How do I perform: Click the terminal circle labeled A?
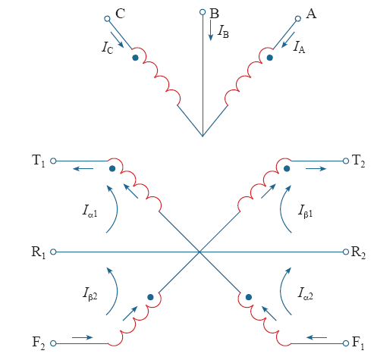[298, 19]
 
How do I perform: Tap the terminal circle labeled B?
[203, 12]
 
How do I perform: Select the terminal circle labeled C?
[107, 19]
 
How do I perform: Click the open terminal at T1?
[53, 161]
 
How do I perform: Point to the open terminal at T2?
[346, 161]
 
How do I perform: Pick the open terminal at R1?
[53, 252]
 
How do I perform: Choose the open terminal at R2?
[346, 252]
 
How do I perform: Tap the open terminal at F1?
[346, 343]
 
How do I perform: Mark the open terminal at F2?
[53, 343]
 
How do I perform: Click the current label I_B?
[223, 32]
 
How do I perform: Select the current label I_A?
[299, 47]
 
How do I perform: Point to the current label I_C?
[108, 47]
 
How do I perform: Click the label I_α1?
[90, 211]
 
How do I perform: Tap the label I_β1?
[305, 211]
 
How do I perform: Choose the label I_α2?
[305, 293]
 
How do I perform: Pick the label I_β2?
[90, 294]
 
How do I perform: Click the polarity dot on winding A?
[270, 58]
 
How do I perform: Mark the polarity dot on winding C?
[135, 58]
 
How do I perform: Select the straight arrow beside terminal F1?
[316, 337]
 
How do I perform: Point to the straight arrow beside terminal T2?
[316, 168]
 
